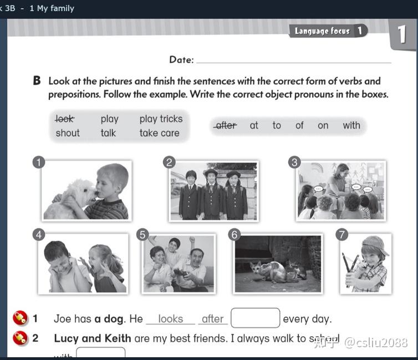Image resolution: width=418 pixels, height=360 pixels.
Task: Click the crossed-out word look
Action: [x=65, y=119]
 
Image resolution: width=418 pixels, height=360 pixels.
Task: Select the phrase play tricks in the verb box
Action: [x=161, y=119]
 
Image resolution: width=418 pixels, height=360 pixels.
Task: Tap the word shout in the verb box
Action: [x=68, y=133]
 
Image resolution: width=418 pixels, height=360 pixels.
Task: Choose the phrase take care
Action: [x=160, y=133]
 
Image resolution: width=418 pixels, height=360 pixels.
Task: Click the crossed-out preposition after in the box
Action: [x=226, y=125]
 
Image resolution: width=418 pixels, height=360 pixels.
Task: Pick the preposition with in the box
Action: [x=351, y=125]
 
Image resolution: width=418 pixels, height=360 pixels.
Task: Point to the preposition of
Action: [x=299, y=125]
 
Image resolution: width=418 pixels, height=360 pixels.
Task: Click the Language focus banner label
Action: [x=323, y=31]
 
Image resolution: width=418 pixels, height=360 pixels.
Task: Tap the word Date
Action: [x=181, y=60]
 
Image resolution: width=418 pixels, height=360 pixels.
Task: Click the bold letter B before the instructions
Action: [x=37, y=81]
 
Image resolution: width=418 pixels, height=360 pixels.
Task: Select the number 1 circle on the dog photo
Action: [x=38, y=162]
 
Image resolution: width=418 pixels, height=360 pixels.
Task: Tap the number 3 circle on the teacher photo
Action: [x=294, y=162]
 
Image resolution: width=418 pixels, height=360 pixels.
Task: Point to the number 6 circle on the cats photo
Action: [x=234, y=235]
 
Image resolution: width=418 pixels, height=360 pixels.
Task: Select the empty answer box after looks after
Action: [x=255, y=318]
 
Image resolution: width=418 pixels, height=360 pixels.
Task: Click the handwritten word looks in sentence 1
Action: [x=170, y=318]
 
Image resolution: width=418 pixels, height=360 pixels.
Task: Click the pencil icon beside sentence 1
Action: [x=20, y=318]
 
